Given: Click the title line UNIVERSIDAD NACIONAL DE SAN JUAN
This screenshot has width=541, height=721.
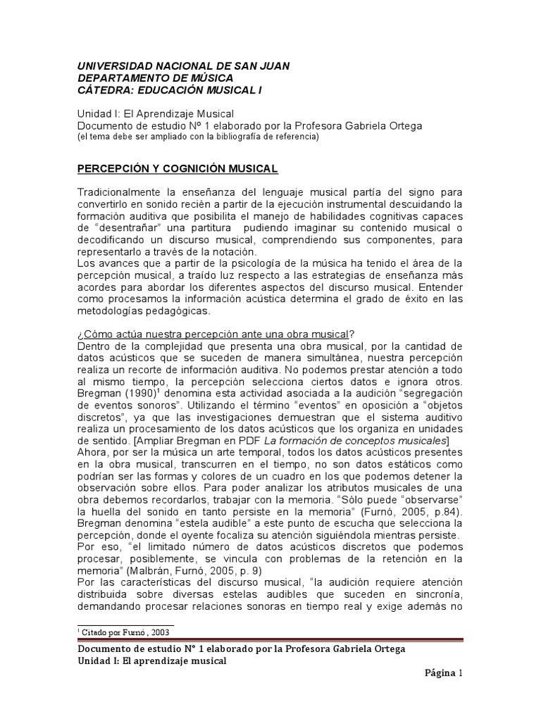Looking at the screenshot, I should click(183, 65).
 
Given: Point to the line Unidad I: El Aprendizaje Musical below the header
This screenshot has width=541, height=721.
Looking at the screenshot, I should click(155, 113).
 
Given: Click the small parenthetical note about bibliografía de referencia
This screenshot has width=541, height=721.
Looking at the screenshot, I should click(198, 137).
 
